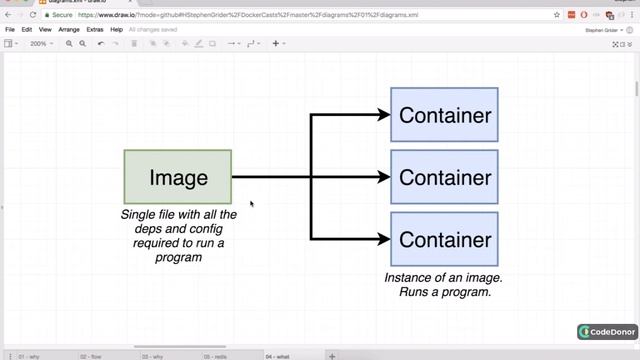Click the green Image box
pyautogui.click(x=178, y=177)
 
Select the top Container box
pyautogui.click(x=444, y=115)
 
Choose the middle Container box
pyautogui.click(x=444, y=177)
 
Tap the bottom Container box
pyautogui.click(x=444, y=239)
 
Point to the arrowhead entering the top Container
pyautogui.click(x=384, y=115)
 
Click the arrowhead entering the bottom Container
pyautogui.click(x=384, y=239)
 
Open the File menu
pyautogui.click(x=10, y=30)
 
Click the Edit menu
pyautogui.click(x=26, y=30)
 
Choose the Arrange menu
pyautogui.click(x=69, y=30)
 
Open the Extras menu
pyautogui.click(x=95, y=30)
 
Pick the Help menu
pyautogui.click(x=117, y=30)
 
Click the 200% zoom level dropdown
pyautogui.click(x=41, y=44)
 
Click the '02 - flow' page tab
pyautogui.click(x=90, y=356)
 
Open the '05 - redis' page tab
pyautogui.click(x=214, y=356)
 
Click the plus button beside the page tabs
pyautogui.click(x=332, y=356)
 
